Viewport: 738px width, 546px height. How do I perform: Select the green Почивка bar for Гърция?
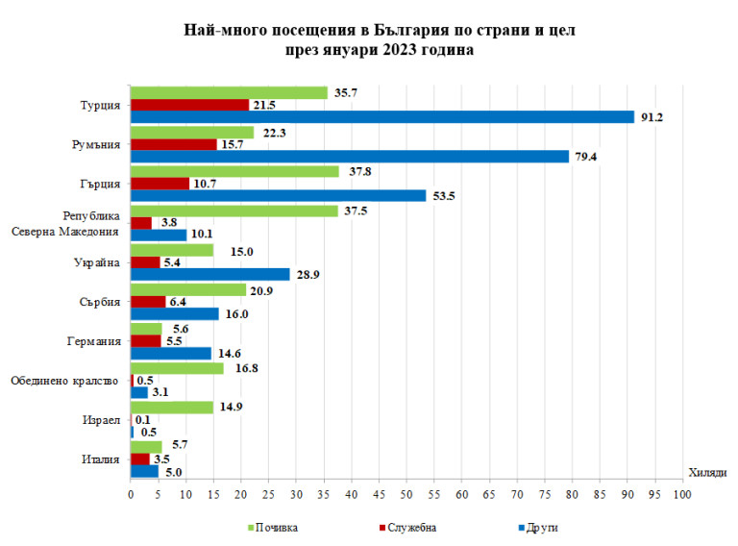pyautogui.click(x=235, y=171)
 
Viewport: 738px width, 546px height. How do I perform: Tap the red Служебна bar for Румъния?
pyautogui.click(x=174, y=144)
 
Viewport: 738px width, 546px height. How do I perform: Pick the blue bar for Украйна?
pyautogui.click(x=210, y=274)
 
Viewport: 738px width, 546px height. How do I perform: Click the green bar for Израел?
pyautogui.click(x=172, y=407)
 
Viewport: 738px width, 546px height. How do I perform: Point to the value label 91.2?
pyautogui.click(x=653, y=117)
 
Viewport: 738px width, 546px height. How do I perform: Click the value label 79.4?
pyautogui.click(x=587, y=157)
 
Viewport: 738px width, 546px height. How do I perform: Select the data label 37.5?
pyautogui.click(x=357, y=211)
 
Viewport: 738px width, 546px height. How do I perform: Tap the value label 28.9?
pyautogui.click(x=309, y=275)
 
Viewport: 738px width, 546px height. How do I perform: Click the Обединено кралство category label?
pyautogui.click(x=64, y=381)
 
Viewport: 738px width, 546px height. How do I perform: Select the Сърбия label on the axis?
pyautogui.click(x=101, y=302)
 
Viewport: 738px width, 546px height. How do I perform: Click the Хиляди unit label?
pyautogui.click(x=707, y=471)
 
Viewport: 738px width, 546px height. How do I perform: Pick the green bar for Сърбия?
pyautogui.click(x=188, y=289)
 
